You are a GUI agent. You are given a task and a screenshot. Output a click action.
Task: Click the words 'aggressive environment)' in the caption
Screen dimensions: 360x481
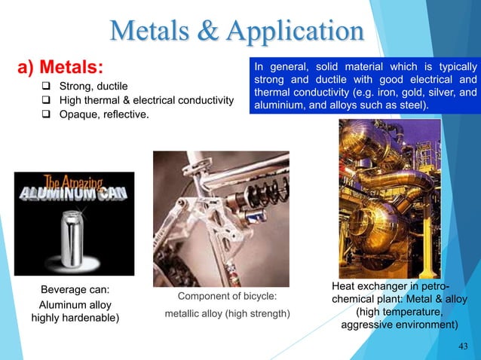pyautogui.click(x=400, y=325)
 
